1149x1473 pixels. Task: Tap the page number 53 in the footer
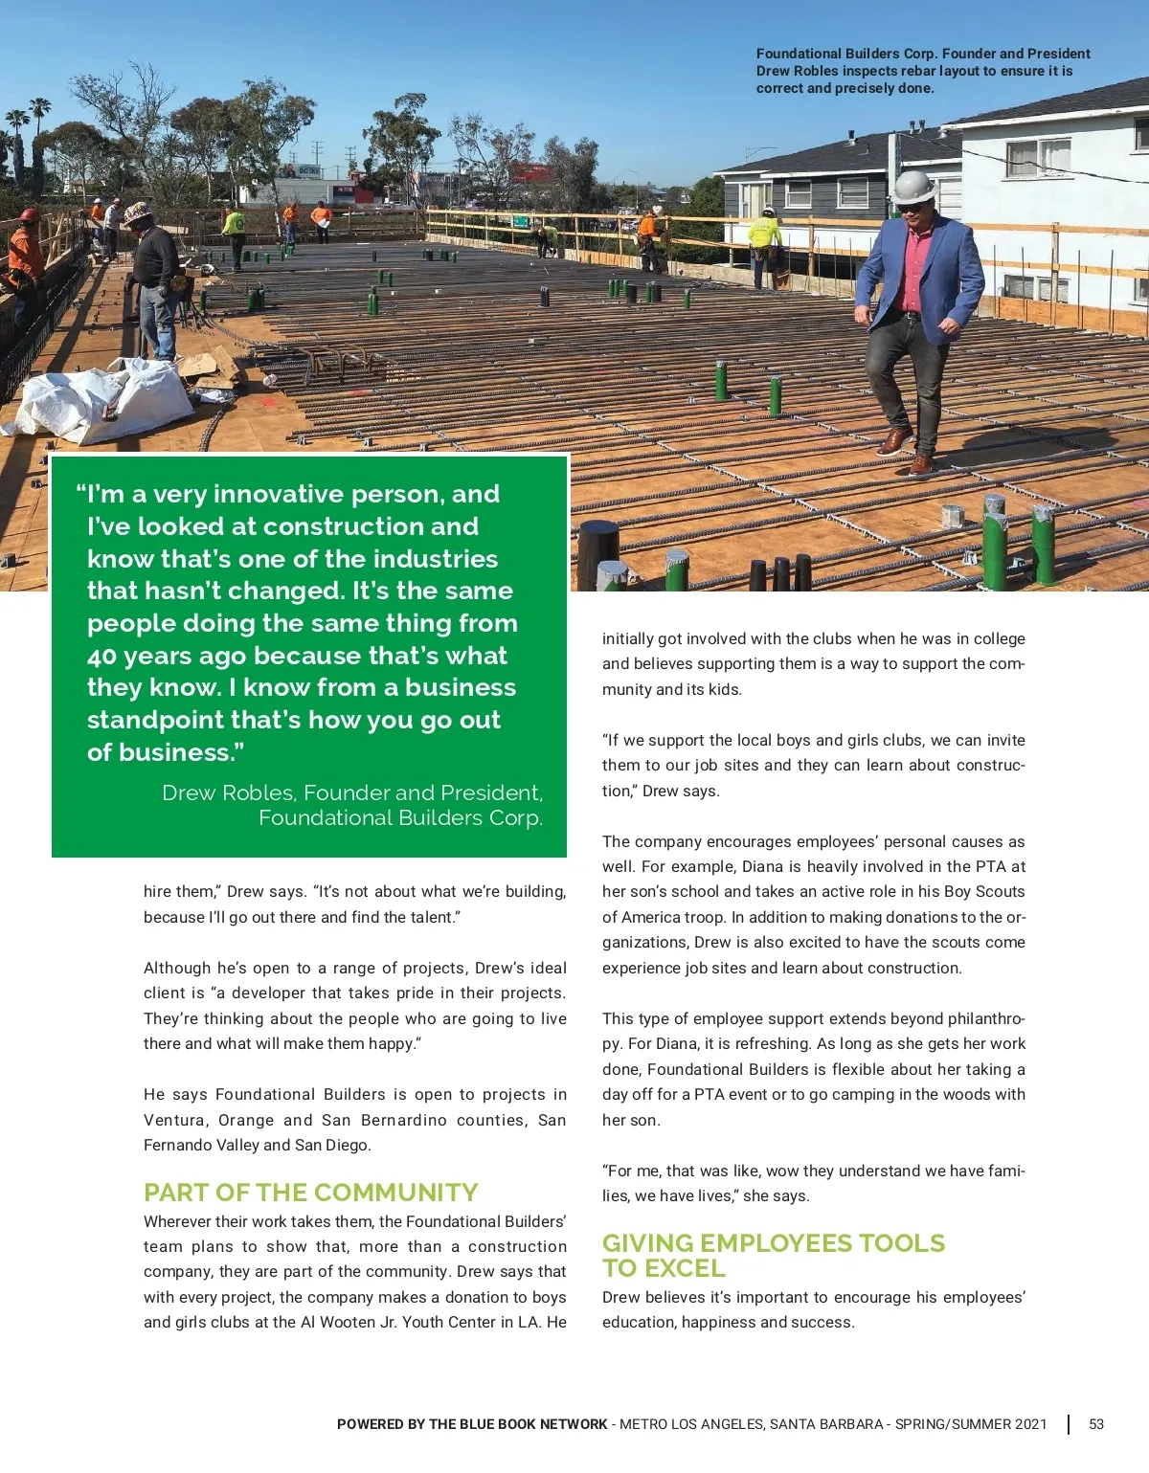pos(1096,1424)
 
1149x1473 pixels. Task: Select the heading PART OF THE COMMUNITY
pos(310,1193)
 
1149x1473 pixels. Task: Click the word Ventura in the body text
pos(174,1120)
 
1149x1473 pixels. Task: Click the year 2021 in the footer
pos(1030,1424)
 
